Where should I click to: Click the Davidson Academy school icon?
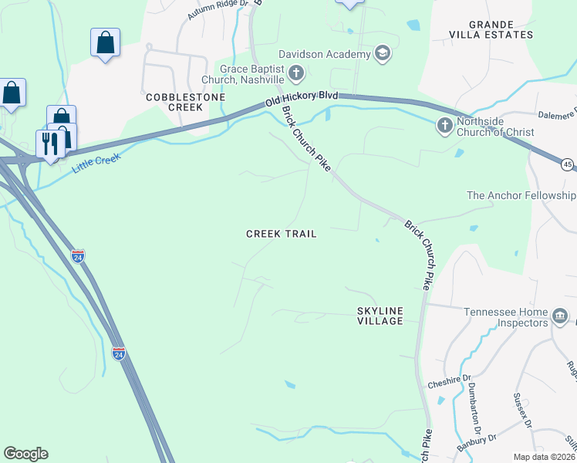point(382,53)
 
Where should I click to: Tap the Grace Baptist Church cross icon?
point(295,74)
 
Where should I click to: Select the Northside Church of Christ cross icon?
point(445,125)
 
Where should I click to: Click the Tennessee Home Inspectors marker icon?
point(560,316)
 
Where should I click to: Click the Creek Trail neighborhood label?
point(281,234)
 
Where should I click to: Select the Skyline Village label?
point(380,316)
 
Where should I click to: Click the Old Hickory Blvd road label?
point(302,98)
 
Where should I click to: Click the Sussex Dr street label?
point(523,411)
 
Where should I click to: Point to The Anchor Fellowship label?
point(521,196)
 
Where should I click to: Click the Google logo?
point(25,454)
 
